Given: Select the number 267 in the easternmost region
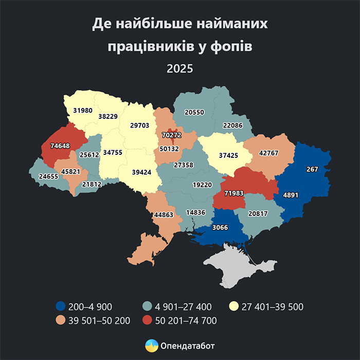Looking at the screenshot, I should [312, 169].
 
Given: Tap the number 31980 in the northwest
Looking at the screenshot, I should [83, 110].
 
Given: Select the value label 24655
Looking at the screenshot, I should [49, 176].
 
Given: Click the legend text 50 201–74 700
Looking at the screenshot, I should [188, 321].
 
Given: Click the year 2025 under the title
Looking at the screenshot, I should [179, 68].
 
